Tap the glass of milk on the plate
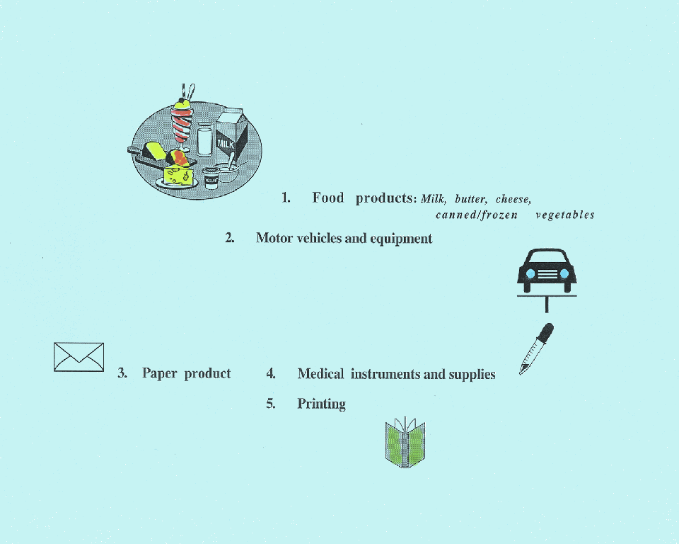(x=205, y=140)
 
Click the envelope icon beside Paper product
(x=79, y=356)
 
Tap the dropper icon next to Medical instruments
(x=536, y=348)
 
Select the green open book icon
(x=405, y=444)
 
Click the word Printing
(x=321, y=404)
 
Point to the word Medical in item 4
(x=320, y=374)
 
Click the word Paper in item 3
(x=158, y=373)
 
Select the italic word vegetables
(x=565, y=215)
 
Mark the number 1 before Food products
(x=286, y=198)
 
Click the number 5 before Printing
(x=270, y=404)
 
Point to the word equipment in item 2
(x=401, y=239)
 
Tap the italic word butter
(x=471, y=199)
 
